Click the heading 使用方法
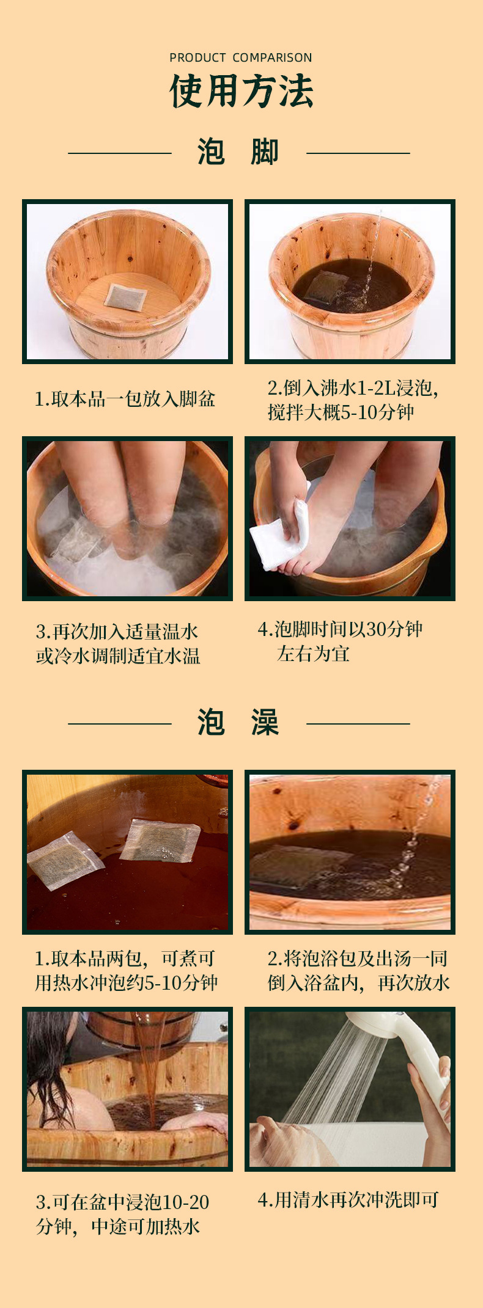pos(242,91)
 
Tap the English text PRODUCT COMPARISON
pos(241,57)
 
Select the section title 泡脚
pos(238,152)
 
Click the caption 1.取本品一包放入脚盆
pos(125,399)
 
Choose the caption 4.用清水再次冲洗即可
pos(348,1199)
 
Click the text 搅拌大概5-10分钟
pos(341,412)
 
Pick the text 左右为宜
pos(314,654)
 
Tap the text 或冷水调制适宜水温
pos(118,656)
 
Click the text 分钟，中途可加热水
pos(118,1226)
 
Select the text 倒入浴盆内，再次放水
pos(358,982)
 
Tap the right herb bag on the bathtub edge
pos(160,841)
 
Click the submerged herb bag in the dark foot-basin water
pos(328,287)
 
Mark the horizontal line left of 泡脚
pos(120,153)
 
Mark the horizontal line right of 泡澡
pos(358,724)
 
